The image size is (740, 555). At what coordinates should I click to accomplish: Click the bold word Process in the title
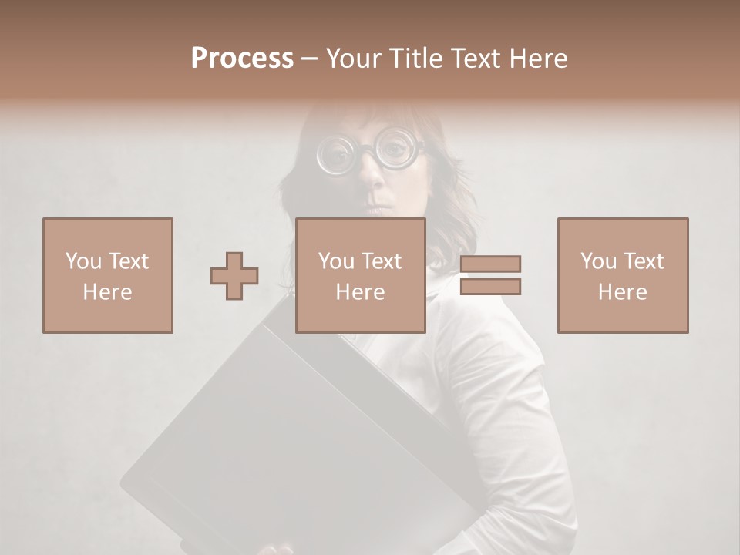(x=242, y=59)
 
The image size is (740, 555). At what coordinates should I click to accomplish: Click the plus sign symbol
(x=234, y=276)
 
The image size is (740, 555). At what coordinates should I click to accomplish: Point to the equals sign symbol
(x=491, y=275)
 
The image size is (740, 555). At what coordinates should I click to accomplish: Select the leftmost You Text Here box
(x=108, y=275)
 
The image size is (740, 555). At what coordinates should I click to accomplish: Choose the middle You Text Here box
(x=361, y=275)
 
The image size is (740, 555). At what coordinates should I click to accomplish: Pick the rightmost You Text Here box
(x=623, y=275)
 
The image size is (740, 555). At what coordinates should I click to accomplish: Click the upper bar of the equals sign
(x=491, y=264)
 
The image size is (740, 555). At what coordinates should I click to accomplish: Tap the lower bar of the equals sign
(x=491, y=287)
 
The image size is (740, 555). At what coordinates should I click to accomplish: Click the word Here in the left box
(x=107, y=292)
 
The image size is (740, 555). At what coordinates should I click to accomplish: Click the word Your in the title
(x=351, y=59)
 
